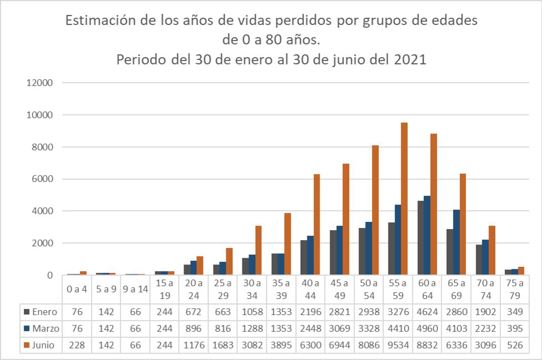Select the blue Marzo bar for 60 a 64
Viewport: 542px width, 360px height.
pos(427,235)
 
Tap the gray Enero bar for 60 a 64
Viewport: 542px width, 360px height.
pos(421,238)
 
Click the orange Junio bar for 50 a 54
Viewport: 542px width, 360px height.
pos(376,210)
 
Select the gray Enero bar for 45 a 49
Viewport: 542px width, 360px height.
pos(333,252)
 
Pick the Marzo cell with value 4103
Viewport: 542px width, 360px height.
pos(456,329)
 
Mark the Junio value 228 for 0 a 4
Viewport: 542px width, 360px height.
pos(76,345)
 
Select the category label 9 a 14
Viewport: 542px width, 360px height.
pos(134,289)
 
